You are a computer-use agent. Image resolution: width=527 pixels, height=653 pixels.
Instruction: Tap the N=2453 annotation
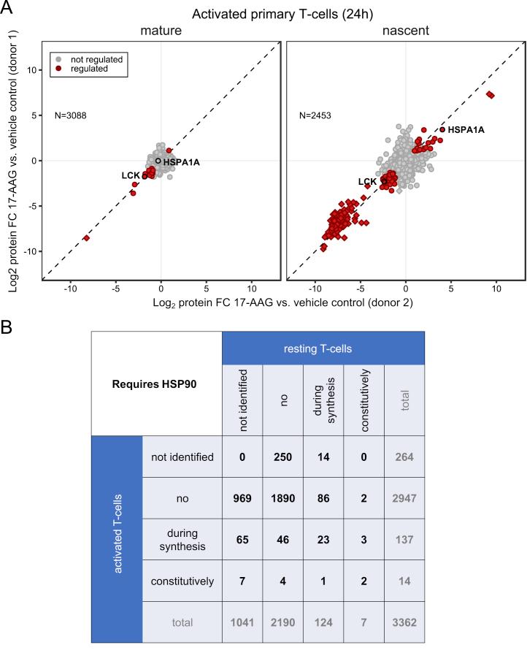318,115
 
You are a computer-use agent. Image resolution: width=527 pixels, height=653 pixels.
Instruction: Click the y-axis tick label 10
31,70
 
